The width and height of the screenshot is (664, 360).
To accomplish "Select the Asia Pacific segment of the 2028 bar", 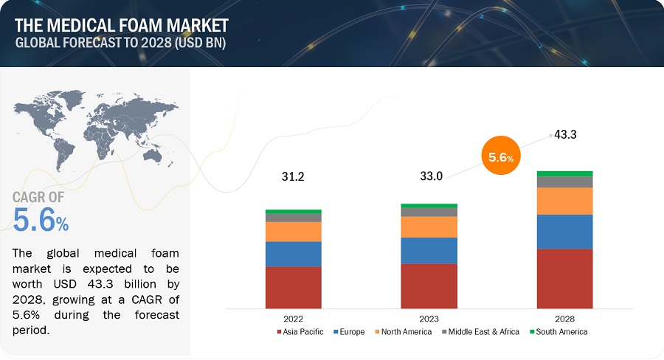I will (x=564, y=278).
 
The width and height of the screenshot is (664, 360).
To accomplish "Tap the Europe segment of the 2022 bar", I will (x=293, y=254).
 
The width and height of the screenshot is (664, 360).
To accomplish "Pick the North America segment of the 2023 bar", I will (x=429, y=226).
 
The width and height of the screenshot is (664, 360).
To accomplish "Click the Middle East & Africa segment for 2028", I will (x=564, y=181).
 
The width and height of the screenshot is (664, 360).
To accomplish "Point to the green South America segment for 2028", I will (x=564, y=173).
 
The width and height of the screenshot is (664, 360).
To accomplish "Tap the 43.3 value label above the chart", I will (x=565, y=136).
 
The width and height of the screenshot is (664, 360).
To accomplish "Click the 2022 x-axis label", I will (x=293, y=319).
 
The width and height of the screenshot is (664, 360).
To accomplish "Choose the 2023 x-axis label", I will (x=429, y=319).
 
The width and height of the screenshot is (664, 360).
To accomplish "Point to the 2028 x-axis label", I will (x=564, y=319).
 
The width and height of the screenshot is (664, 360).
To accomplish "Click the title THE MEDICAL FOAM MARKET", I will (x=122, y=25).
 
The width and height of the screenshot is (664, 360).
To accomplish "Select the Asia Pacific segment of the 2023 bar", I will (x=429, y=285).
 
